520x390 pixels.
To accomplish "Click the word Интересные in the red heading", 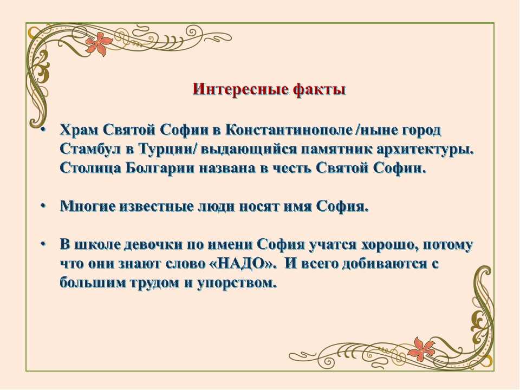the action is (239, 89).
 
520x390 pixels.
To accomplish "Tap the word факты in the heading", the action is (319, 89).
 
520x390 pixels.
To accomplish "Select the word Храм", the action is (79, 130).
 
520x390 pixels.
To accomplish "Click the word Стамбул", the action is (90, 149).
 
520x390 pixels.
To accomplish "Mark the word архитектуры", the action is (425, 149).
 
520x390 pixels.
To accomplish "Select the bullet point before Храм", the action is (42, 129).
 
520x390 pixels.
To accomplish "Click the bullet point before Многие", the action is (42, 206).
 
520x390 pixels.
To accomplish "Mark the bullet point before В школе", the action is (42, 244).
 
